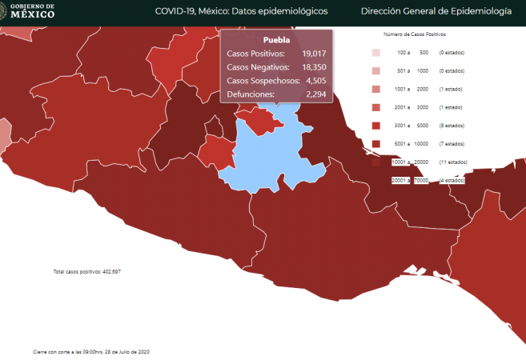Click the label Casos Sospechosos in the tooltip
point(263,80)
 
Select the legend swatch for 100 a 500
point(375,53)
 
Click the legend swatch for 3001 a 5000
point(375,126)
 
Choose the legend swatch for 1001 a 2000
point(375,90)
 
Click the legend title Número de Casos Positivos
point(414,35)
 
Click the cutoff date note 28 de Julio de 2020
point(91,352)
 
